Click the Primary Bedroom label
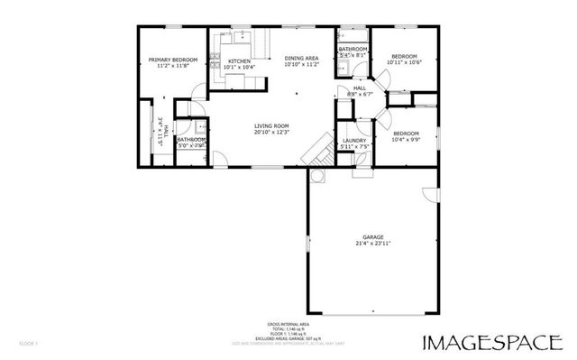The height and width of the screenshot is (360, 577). pos(172,60)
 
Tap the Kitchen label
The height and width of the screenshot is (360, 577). pos(239,60)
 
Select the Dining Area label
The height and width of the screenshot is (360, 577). pos(302,58)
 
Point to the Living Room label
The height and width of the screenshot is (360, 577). pos(270,125)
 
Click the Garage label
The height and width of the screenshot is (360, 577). pos(373,237)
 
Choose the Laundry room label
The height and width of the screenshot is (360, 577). pos(353,140)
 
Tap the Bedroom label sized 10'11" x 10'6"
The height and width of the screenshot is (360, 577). pos(404,56)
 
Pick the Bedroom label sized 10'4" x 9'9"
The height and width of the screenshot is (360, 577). pos(405,133)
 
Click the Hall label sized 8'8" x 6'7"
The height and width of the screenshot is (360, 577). pos(359,88)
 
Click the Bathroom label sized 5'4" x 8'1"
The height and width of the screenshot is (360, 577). pos(353,48)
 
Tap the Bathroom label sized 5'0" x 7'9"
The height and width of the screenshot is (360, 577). pos(191,139)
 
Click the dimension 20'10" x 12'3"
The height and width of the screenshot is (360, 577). pos(270,133)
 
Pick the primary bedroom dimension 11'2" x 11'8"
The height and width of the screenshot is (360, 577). pos(172,66)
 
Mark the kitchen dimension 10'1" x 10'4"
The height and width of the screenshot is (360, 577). pos(239,67)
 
